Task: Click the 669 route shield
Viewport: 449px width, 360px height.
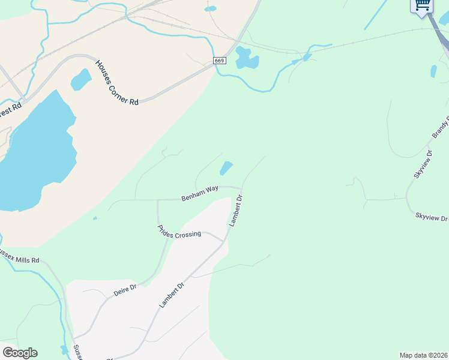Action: tap(219, 61)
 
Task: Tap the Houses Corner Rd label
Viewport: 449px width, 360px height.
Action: tap(116, 82)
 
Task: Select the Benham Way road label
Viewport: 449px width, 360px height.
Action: tap(200, 193)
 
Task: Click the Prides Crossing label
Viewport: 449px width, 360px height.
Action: tap(179, 232)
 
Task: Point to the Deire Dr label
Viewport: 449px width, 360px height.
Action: tap(125, 290)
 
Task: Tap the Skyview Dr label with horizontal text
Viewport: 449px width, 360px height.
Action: tap(431, 217)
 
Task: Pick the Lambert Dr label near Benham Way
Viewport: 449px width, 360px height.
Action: tap(235, 210)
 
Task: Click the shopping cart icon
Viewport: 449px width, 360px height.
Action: tap(422, 5)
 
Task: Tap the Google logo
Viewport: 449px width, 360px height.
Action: tap(20, 353)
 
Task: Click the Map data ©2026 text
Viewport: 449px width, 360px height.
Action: tap(423, 355)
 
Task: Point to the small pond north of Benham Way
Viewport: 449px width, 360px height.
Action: tap(226, 169)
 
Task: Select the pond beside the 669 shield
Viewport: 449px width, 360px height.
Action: tap(246, 58)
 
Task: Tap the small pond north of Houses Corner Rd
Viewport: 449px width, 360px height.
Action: tap(80, 79)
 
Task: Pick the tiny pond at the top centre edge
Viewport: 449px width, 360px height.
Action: tap(210, 9)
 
